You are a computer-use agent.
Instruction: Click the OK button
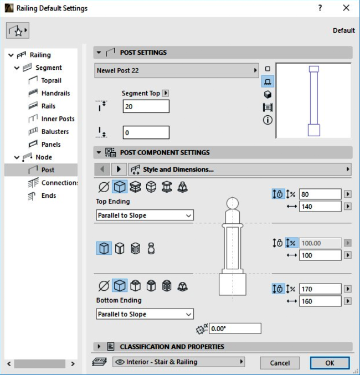[330, 363]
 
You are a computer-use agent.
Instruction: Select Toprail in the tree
[51, 80]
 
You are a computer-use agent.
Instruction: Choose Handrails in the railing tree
[55, 93]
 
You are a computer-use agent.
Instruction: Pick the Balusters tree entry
[55, 131]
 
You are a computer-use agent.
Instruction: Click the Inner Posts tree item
[58, 119]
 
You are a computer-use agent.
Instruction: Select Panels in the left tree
[51, 144]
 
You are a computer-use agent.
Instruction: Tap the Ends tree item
[49, 196]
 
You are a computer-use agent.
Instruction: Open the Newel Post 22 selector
[177, 71]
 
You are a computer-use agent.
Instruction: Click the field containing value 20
[146, 106]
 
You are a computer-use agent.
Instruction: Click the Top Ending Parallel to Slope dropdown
[145, 215]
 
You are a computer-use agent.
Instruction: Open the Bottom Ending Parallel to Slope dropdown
[145, 314]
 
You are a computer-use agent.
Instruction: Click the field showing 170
[320, 289]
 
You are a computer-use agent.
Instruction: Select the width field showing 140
[320, 207]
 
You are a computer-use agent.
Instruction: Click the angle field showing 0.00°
[235, 328]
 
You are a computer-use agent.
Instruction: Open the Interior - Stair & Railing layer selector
[178, 362]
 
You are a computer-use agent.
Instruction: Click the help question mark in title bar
[320, 8]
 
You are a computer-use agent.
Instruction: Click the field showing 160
[320, 302]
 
